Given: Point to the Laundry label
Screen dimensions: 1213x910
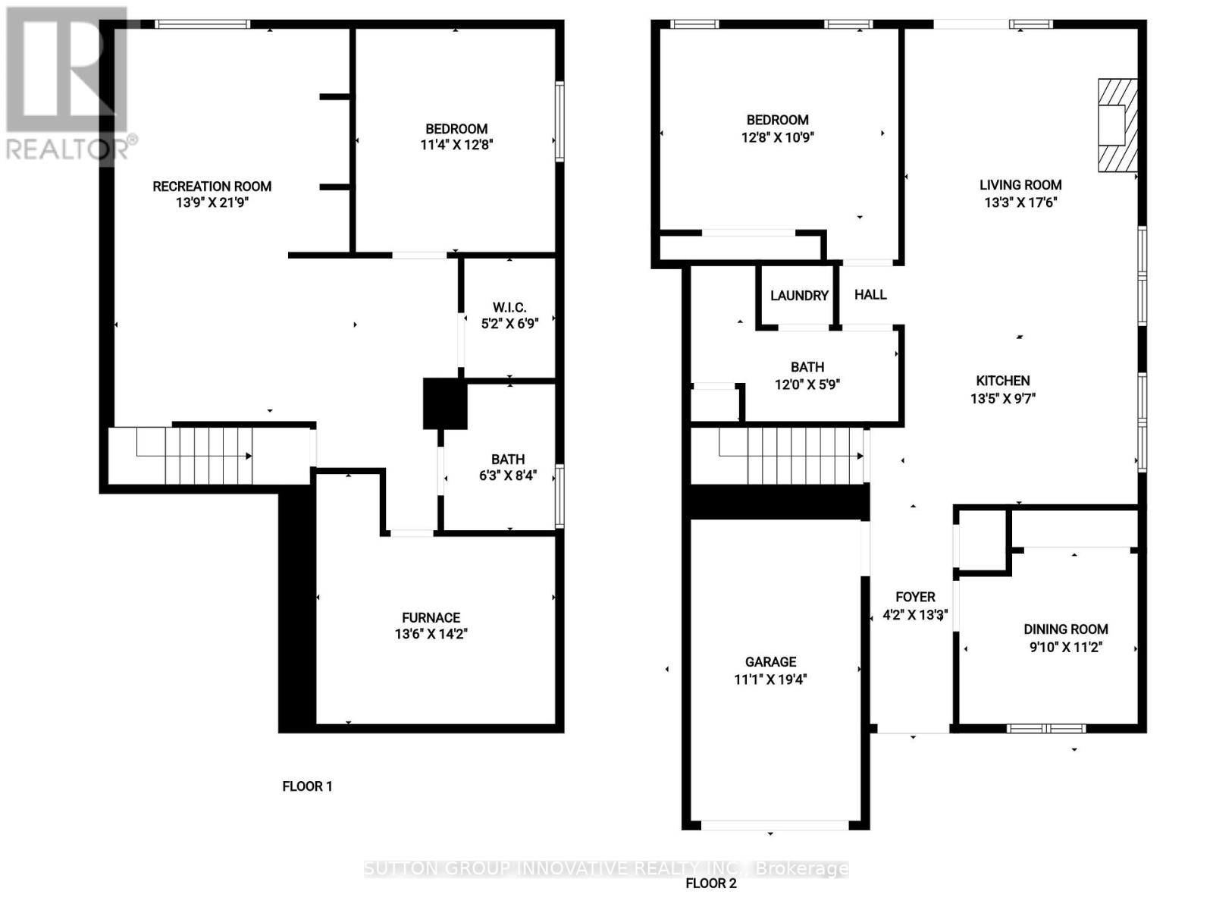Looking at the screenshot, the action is [798, 296].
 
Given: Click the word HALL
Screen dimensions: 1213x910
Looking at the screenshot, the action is [870, 294].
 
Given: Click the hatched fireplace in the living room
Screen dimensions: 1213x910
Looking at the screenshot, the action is [1117, 125].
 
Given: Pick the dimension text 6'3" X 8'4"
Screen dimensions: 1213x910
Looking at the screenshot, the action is [508, 475].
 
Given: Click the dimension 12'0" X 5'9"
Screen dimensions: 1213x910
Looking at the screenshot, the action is [807, 384].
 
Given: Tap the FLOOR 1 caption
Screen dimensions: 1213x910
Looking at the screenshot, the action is [307, 786].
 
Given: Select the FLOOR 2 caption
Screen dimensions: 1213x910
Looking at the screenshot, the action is [710, 883].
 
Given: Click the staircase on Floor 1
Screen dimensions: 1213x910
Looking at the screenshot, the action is [209, 456].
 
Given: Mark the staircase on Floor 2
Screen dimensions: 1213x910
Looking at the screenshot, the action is [777, 456].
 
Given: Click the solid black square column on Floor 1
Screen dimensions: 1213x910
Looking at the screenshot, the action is [445, 403].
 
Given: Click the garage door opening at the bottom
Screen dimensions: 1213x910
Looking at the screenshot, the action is [775, 826].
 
